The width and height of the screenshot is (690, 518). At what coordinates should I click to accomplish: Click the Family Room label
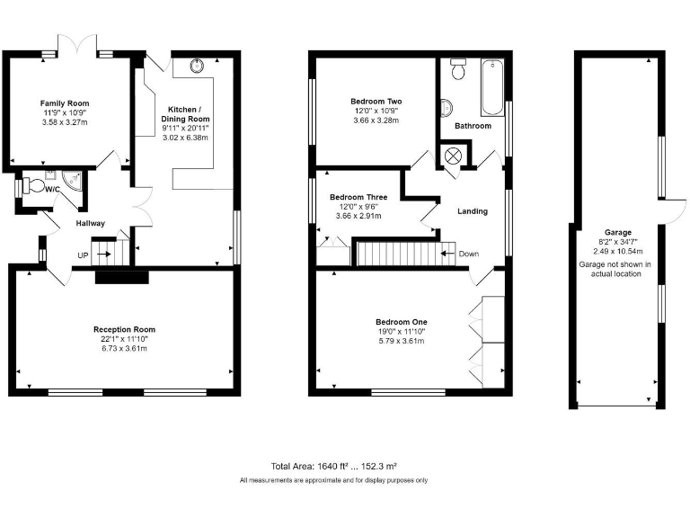(x=65, y=103)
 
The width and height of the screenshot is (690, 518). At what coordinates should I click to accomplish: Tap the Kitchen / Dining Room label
(x=185, y=113)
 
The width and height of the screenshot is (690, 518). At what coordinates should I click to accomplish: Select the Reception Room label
(x=125, y=330)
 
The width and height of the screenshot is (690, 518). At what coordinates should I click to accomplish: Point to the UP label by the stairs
(x=83, y=255)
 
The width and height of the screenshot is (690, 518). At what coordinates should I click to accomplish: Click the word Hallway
(x=90, y=223)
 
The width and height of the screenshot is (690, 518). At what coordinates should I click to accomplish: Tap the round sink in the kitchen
(x=198, y=65)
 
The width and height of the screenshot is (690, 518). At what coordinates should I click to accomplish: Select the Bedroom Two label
(x=376, y=102)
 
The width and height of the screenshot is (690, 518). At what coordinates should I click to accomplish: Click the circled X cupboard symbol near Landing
(x=453, y=156)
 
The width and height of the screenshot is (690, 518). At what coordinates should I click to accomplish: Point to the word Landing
(x=473, y=211)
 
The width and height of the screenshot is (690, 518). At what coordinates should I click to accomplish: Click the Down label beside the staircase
(x=468, y=254)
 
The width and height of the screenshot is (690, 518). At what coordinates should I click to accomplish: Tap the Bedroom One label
(x=401, y=322)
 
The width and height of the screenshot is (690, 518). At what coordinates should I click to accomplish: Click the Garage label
(x=616, y=231)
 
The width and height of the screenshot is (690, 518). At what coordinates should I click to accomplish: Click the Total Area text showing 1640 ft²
(x=334, y=467)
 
